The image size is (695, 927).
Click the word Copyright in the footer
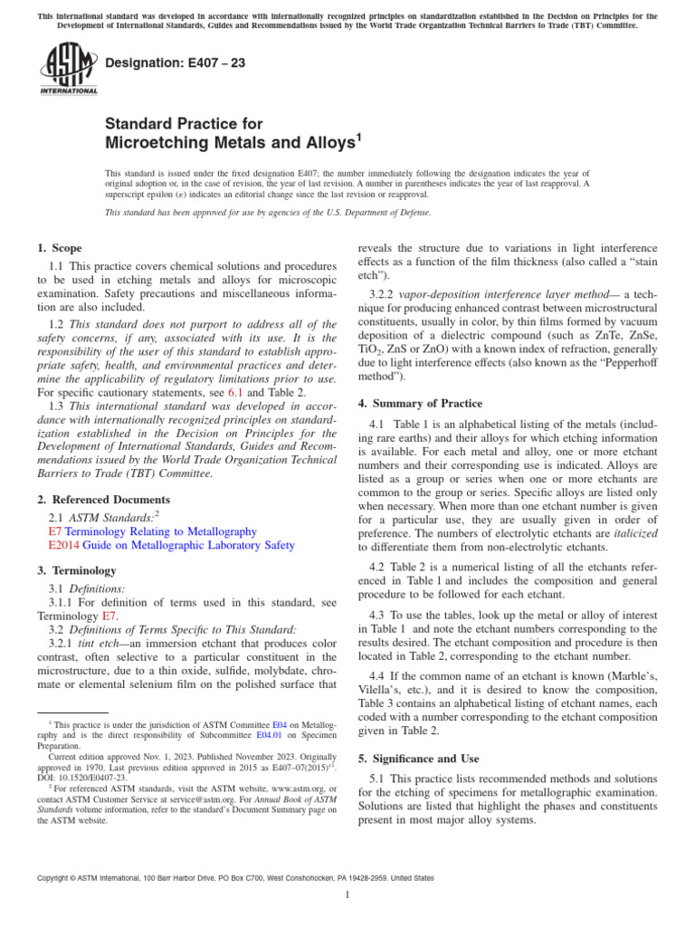click(52, 877)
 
